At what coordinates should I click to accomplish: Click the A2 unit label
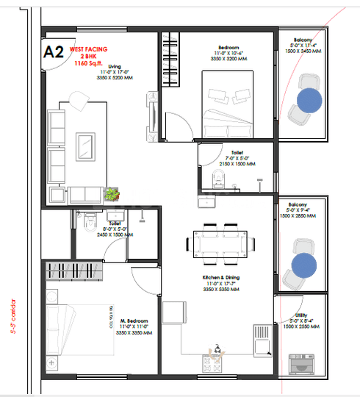(x=54, y=52)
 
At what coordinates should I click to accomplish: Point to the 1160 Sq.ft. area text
(x=88, y=63)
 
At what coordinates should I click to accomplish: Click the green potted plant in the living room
(x=112, y=194)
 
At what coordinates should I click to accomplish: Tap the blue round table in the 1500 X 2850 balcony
(x=303, y=266)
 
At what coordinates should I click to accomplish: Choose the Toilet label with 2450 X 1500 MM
(x=115, y=223)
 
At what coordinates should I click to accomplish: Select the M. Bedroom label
(x=134, y=321)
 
